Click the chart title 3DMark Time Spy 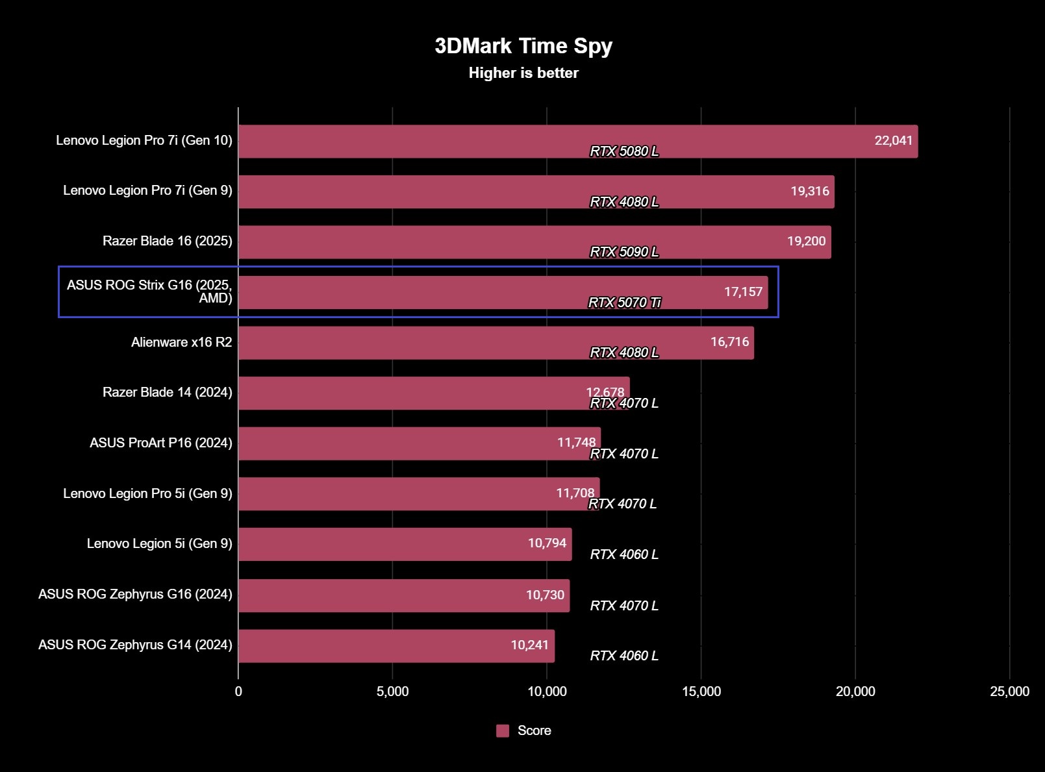coord(523,46)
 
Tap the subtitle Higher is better coord(523,73)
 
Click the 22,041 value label coord(893,140)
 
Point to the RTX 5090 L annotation coord(623,252)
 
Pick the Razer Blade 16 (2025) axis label coord(167,241)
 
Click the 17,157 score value coord(743,292)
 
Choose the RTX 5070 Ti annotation coord(624,303)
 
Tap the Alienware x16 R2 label coord(181,342)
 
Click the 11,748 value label coord(576,442)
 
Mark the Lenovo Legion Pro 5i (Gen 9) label coord(147,493)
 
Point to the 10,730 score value coord(545,595)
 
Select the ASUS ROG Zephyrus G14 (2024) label coord(135,645)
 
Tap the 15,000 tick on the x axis coord(701,691)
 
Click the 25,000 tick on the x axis coord(1009,691)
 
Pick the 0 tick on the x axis coord(238,691)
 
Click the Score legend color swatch coord(503,730)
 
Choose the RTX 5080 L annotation coord(623,151)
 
